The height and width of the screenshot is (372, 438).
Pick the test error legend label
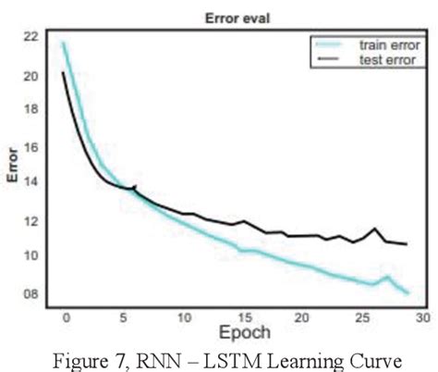(x=391, y=59)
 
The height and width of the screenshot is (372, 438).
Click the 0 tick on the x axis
(x=66, y=316)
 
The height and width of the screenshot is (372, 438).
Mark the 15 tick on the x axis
(x=243, y=316)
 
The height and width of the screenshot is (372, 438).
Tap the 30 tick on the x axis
(x=421, y=316)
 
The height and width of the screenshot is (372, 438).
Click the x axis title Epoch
(x=245, y=331)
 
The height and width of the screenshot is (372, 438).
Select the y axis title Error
(x=12, y=167)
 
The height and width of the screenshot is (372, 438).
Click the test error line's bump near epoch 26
(x=375, y=229)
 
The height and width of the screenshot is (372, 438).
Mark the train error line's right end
(x=408, y=292)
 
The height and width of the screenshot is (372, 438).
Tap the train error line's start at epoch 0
(x=64, y=43)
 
